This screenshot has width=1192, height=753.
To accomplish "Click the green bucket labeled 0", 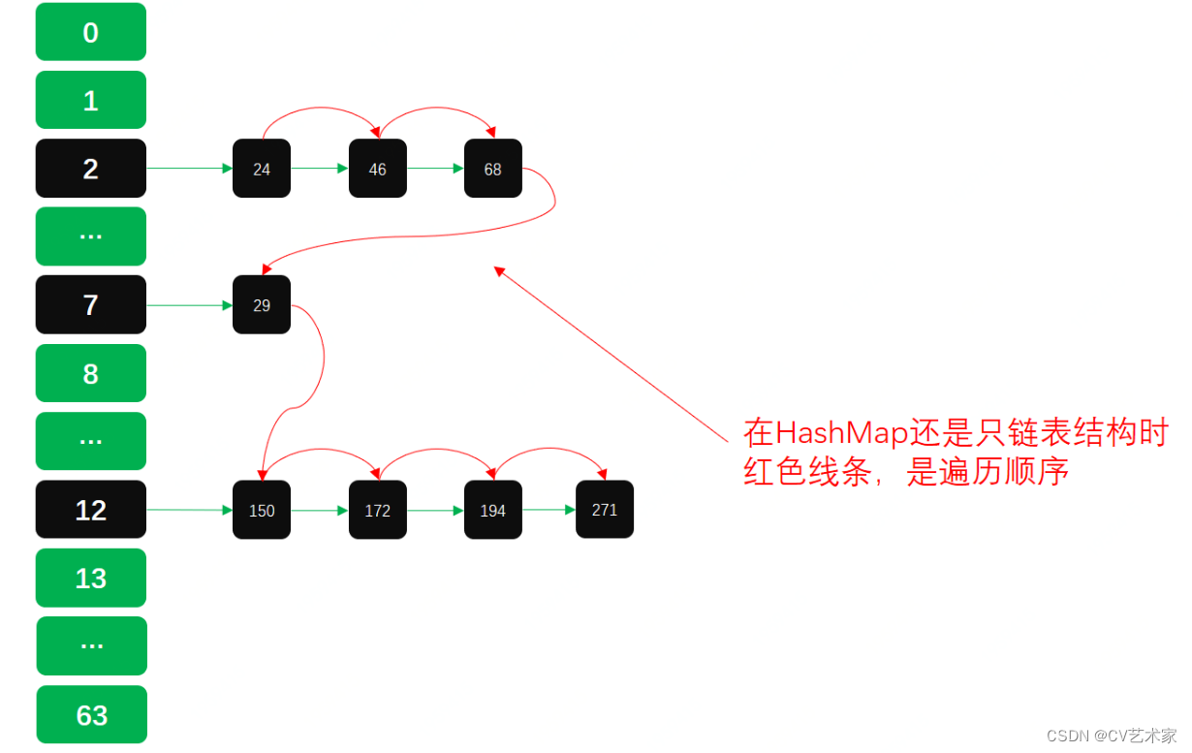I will point(91,32).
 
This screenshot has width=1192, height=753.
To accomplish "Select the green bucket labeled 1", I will point(91,100).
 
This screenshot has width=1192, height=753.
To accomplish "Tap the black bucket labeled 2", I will point(91,169).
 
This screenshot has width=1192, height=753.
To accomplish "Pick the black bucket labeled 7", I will point(91,304).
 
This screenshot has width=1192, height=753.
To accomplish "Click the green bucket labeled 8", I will point(91,373).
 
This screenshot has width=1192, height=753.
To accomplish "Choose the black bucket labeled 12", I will point(91,510).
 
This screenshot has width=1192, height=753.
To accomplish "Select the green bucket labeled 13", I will point(91,578).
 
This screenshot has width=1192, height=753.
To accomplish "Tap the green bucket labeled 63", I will point(92,714).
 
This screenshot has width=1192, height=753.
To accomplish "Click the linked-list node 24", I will point(262,169).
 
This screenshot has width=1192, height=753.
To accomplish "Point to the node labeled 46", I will point(377,169).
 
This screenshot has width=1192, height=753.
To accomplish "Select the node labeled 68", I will point(492,169).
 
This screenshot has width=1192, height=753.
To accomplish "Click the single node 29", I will point(262,304).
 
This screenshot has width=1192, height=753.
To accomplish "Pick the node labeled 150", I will point(262,510).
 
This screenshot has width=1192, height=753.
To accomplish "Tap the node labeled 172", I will point(377,510).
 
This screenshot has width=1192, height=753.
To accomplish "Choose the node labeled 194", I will point(492,510).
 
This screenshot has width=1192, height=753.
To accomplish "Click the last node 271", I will point(605,509).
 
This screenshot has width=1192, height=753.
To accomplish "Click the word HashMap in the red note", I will point(841,432).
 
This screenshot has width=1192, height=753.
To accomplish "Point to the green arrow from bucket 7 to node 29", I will point(190,305).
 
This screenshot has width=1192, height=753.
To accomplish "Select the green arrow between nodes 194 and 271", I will point(549,509).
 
